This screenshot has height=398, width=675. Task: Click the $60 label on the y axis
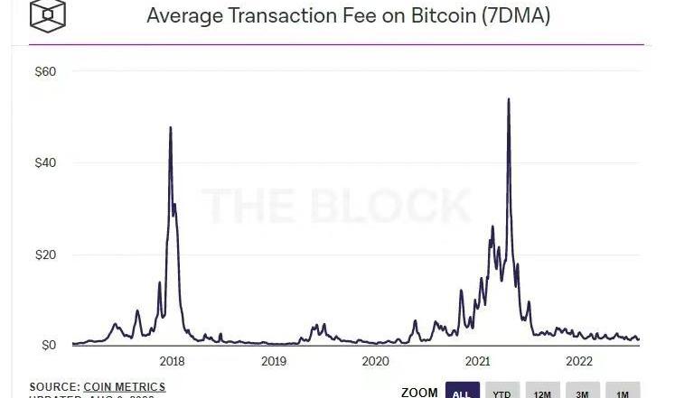click(44, 71)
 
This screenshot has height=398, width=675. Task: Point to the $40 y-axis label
click(44, 163)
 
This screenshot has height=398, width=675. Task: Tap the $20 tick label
click(44, 255)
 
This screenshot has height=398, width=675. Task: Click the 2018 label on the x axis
click(172, 361)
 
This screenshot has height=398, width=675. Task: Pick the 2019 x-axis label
click(274, 361)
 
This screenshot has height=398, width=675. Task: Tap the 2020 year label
click(375, 361)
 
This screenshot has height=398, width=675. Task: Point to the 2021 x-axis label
click(477, 361)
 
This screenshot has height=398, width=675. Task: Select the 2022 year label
click(578, 361)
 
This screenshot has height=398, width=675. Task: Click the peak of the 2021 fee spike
click(509, 99)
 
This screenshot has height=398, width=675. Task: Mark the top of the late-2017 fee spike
click(170, 127)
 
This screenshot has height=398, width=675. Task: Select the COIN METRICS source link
click(125, 386)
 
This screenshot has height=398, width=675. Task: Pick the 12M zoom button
click(542, 393)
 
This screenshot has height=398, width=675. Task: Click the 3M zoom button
click(582, 393)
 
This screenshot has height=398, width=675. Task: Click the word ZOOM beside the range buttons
click(419, 393)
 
